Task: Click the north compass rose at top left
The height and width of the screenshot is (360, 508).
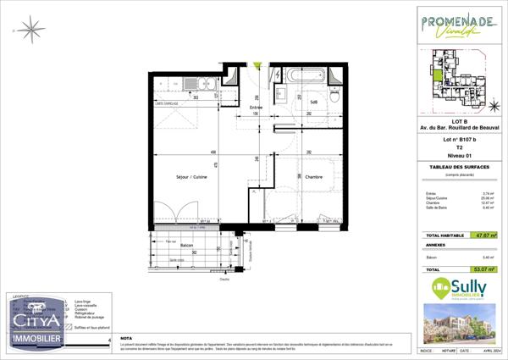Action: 34,30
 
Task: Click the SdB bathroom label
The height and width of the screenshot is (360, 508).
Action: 313,102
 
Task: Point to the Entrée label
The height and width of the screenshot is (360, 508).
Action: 257,108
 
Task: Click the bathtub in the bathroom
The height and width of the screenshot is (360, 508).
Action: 302,75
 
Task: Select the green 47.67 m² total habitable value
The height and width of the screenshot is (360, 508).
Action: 483,236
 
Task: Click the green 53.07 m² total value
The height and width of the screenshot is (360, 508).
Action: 483,268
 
